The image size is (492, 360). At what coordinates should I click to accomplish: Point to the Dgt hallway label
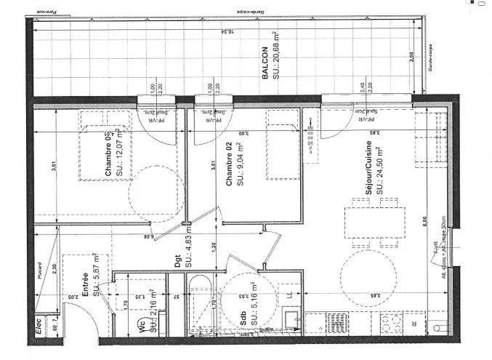[x=177, y=258]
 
